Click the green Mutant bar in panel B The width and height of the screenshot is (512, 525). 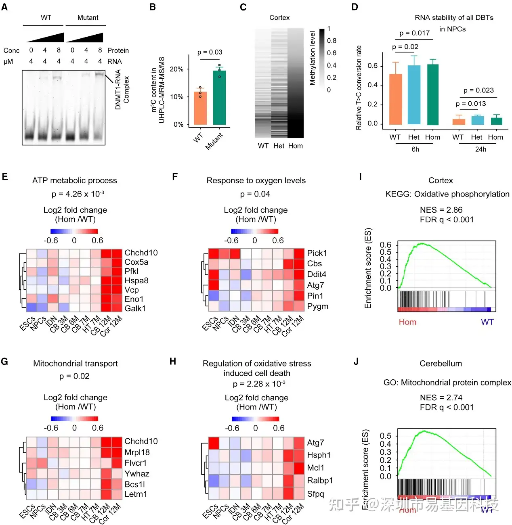[x=219, y=98]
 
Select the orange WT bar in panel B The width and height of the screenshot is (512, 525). [x=200, y=108]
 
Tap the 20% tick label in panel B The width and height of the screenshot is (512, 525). [x=176, y=69]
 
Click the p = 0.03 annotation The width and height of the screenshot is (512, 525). [x=210, y=52]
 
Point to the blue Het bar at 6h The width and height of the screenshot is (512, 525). [x=414, y=95]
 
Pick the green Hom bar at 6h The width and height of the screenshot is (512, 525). [x=432, y=94]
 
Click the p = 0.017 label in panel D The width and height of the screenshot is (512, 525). [x=414, y=33]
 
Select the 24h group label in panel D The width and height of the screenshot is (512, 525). [x=481, y=149]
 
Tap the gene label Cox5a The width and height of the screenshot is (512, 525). [x=136, y=262]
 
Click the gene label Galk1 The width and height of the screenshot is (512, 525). [x=135, y=309]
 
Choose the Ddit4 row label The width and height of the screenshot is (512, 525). [x=317, y=274]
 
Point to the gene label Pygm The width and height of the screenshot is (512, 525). [x=317, y=306]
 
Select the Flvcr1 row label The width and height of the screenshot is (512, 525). [x=135, y=463]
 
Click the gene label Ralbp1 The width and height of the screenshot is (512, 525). [x=320, y=481]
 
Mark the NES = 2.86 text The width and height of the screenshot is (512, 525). [x=441, y=210]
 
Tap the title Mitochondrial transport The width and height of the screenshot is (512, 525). [x=76, y=364]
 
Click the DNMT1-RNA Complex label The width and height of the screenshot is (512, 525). [x=122, y=90]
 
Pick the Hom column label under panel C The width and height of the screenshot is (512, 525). [x=295, y=146]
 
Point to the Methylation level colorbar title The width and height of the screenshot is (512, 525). [x=312, y=58]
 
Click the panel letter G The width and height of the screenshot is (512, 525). [x=4, y=361]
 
